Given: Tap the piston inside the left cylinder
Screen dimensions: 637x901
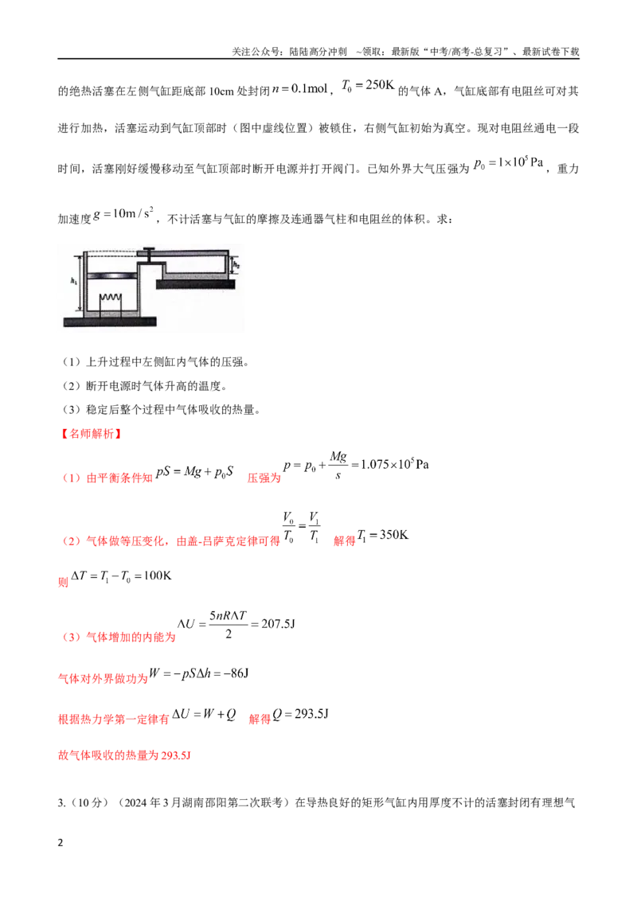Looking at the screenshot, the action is (111, 276).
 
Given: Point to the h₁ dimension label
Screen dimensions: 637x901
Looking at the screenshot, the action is (73, 281).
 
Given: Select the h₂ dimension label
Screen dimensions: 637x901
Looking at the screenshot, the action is (236, 266).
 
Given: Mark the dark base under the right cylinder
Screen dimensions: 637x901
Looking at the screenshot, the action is (196, 283).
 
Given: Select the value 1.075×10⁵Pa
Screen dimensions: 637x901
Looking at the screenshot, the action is (394, 464).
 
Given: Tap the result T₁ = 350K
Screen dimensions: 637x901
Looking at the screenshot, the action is (383, 536).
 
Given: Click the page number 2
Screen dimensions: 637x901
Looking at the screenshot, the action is (61, 843).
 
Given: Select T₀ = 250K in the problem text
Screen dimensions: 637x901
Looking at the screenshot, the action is (368, 86).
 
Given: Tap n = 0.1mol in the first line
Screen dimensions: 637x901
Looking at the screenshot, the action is (300, 88).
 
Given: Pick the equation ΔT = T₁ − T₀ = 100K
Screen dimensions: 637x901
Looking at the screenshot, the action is (121, 576).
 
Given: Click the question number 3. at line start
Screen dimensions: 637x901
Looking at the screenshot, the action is (61, 803).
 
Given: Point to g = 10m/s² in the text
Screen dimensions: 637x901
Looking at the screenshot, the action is (123, 213).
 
